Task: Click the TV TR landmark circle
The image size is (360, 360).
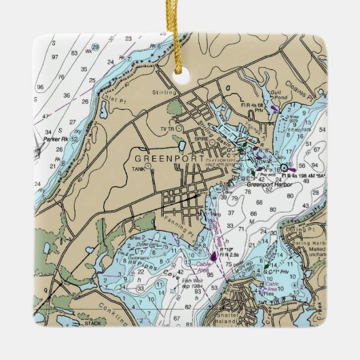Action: click(x=179, y=127)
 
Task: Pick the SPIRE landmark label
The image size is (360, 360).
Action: click(x=201, y=136)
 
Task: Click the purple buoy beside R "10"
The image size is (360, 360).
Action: click(x=214, y=256)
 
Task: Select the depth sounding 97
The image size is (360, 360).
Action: click(x=55, y=57)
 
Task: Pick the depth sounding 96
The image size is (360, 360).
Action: click(x=40, y=86)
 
